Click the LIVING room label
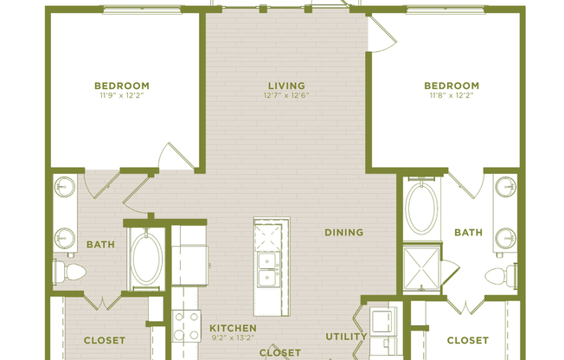[x=285, y=85]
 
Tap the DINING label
[x=343, y=233]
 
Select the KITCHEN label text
[x=233, y=328]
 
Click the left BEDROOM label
[x=121, y=85]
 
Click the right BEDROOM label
[x=451, y=85]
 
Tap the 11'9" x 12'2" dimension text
[x=121, y=96]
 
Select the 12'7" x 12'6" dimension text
[x=285, y=96]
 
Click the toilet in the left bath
[x=69, y=272]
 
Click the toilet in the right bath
[x=499, y=277]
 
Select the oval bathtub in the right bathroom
[x=421, y=209]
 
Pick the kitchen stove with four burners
[x=187, y=327]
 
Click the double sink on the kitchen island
[x=268, y=269]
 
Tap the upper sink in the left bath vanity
[x=65, y=188]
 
